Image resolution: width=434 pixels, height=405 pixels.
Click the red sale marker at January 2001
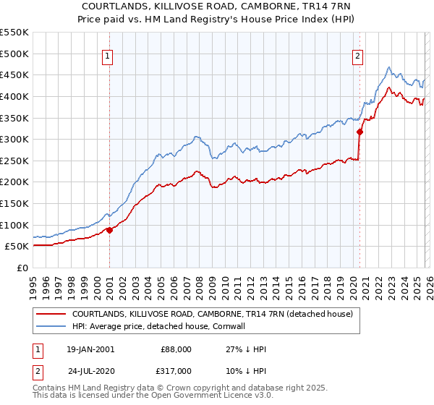(109, 230)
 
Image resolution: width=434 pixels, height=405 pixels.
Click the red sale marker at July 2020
(359, 132)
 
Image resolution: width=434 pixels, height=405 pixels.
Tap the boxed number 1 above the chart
(108, 56)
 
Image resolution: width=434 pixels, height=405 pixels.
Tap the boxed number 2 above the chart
(357, 56)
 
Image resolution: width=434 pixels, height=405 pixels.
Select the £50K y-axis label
(16, 246)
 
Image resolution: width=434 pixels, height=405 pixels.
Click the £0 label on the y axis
(22, 268)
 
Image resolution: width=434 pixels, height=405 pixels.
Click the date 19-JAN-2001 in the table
(90, 349)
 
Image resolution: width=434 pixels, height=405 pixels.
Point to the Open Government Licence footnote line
(137, 396)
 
